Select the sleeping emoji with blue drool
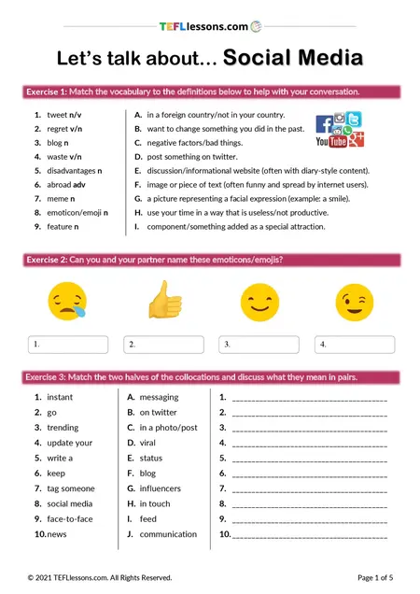click(x=64, y=300)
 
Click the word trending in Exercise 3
click(x=63, y=428)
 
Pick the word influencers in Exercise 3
click(x=161, y=488)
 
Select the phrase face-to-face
click(x=69, y=519)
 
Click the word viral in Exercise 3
click(x=149, y=443)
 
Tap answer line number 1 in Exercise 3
click(x=308, y=398)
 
